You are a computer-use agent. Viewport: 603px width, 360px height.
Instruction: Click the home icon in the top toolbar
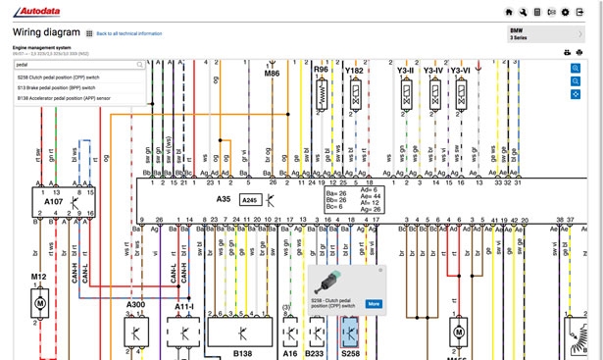[x=509, y=11]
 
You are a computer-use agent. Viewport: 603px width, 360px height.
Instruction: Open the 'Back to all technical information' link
[x=127, y=33]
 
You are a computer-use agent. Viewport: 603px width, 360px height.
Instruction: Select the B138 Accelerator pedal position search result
[x=65, y=98]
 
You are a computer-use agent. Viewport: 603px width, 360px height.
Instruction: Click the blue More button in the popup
[x=374, y=303]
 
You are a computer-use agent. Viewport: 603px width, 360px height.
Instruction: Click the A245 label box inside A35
[x=250, y=199]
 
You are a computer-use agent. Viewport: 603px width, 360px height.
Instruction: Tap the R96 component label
[x=321, y=71]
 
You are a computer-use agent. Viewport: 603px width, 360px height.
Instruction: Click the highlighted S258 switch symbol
[x=349, y=334]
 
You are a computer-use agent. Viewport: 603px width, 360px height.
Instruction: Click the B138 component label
[x=242, y=351]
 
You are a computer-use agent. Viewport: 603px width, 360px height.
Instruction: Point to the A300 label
[x=135, y=306]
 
